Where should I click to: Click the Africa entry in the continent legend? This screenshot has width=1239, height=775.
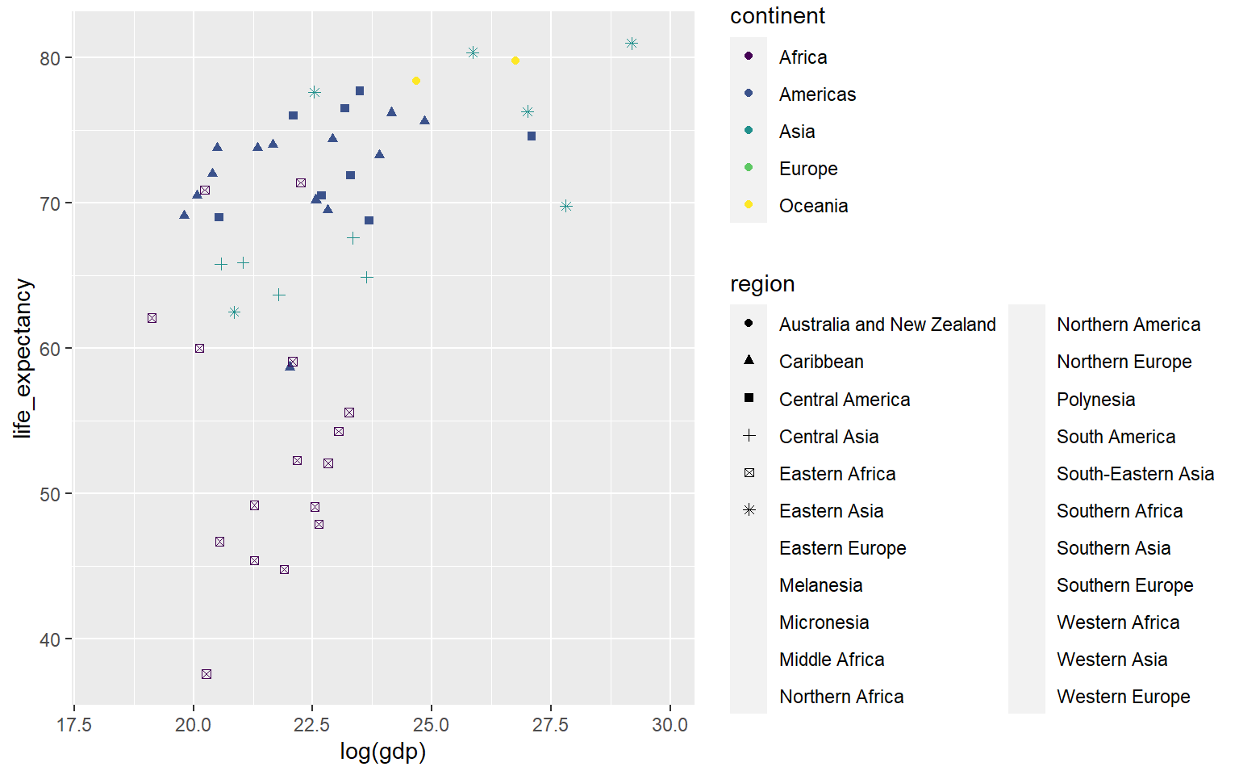[x=803, y=57]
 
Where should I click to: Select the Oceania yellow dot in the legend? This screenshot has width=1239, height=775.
[x=749, y=204]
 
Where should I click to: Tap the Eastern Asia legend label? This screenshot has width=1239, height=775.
[x=831, y=511]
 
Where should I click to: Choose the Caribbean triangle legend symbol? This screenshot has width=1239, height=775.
[x=749, y=360]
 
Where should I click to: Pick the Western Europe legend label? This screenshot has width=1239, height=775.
[x=1123, y=697]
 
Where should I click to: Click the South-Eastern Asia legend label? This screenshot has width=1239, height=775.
[x=1135, y=474]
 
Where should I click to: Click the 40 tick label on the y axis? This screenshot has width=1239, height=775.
[x=50, y=639]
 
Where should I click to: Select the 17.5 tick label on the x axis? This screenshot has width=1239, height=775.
[x=73, y=725]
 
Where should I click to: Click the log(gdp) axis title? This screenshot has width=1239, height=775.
[x=382, y=752]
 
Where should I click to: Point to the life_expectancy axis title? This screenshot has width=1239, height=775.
[x=23, y=358]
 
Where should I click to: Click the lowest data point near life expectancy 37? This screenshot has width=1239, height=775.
[x=206, y=674]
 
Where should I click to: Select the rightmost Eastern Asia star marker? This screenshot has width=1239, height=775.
[x=632, y=44]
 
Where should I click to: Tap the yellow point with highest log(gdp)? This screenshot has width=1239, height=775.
[x=515, y=61]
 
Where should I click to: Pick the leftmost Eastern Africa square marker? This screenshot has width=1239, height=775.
[x=152, y=318]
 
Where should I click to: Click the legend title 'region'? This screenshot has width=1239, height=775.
[x=762, y=284]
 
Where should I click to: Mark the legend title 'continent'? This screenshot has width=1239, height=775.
[x=777, y=16]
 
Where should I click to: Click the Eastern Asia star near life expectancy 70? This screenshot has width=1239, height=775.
[x=566, y=207]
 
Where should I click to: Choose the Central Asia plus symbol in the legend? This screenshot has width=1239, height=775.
[x=749, y=436]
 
